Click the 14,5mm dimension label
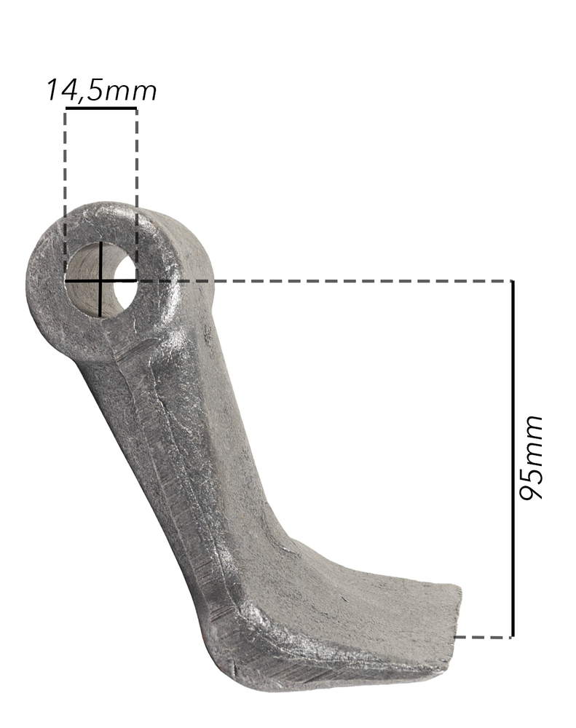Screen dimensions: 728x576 [x=100, y=90]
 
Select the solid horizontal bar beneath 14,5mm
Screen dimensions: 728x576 [x=100, y=108]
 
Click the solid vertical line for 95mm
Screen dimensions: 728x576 [x=513, y=459]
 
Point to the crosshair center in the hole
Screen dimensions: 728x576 [x=100, y=280]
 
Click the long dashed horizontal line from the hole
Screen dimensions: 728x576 [x=328, y=280]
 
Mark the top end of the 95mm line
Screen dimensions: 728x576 [x=513, y=282]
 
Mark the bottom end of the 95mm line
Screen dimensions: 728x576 [x=513, y=636]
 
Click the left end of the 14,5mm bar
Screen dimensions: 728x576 [x=66, y=108]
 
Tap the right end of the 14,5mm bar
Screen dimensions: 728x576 [x=135, y=108]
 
